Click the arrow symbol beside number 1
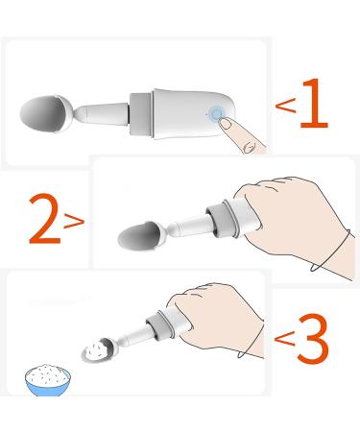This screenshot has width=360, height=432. tap(285, 105)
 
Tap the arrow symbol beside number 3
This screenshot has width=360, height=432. tap(285, 337)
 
